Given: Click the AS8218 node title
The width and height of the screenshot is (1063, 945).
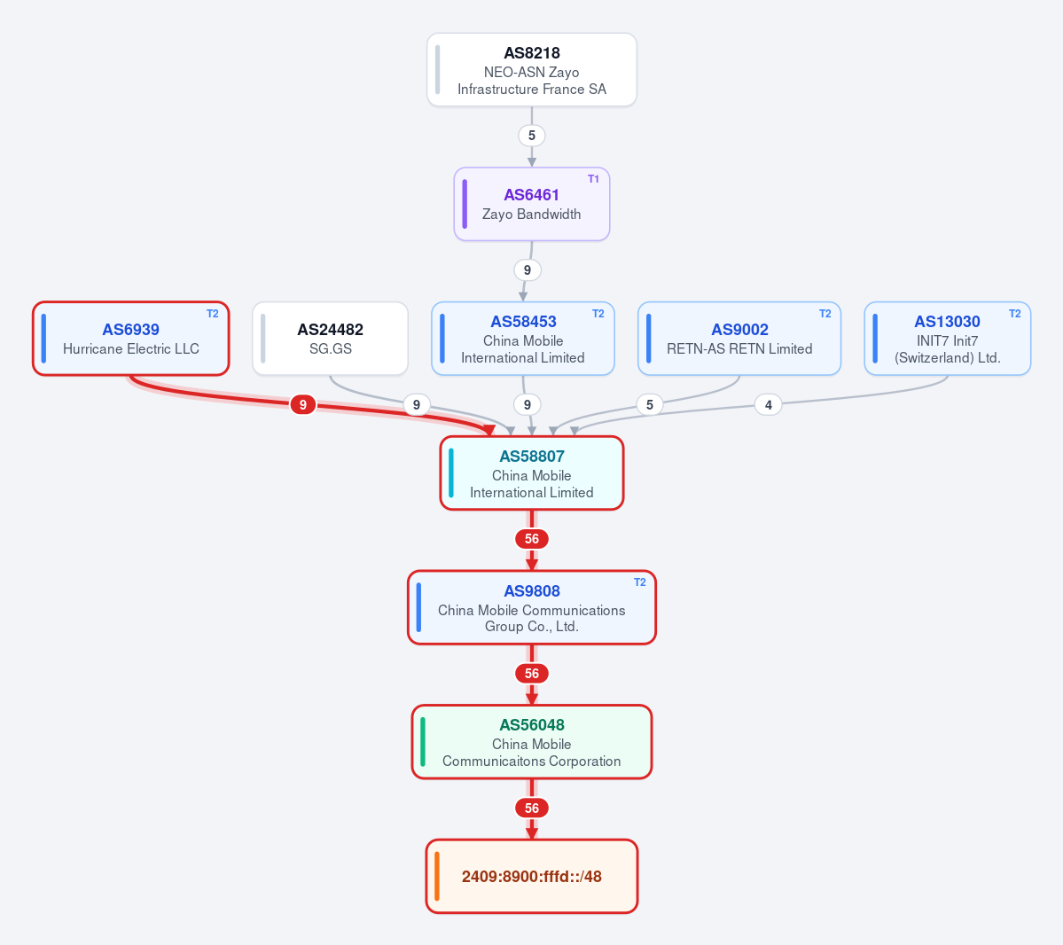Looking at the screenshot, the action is [532, 53].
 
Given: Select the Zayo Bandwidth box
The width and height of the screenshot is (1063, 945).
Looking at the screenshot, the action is [532, 204].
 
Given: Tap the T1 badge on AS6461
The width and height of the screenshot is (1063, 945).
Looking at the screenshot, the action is [593, 179].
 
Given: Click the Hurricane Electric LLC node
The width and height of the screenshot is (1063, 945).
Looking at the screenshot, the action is [131, 339].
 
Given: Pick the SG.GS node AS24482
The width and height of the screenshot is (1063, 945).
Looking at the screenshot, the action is [330, 339].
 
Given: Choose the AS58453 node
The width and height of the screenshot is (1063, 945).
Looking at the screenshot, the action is [523, 339].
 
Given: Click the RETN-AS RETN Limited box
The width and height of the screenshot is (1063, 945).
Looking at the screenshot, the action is [739, 339].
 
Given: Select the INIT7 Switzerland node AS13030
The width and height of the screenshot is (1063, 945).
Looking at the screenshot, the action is [947, 339].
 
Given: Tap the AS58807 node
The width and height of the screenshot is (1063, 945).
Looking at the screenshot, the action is [532, 473].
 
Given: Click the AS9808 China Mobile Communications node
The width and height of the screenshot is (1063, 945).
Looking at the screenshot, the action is [532, 607].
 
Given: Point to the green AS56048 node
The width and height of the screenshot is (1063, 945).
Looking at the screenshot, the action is [532, 742].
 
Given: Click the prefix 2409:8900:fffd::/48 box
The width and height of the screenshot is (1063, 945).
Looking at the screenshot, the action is [532, 877].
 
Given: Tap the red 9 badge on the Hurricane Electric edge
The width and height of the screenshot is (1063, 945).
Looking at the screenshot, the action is [302, 405].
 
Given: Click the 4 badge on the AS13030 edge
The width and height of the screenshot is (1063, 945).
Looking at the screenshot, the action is [768, 405].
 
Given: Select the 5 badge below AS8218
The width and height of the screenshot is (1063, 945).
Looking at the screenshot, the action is [532, 136].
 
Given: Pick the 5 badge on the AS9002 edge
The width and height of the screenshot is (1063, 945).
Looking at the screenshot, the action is [650, 405].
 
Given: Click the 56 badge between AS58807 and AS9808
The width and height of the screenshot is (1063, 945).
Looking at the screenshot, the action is [532, 539].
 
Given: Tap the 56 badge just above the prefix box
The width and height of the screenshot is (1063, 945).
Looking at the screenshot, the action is [532, 808].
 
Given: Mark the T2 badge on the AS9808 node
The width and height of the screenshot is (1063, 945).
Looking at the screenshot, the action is [639, 582].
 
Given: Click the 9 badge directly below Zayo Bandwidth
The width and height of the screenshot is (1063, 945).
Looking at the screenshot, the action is [527, 269].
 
